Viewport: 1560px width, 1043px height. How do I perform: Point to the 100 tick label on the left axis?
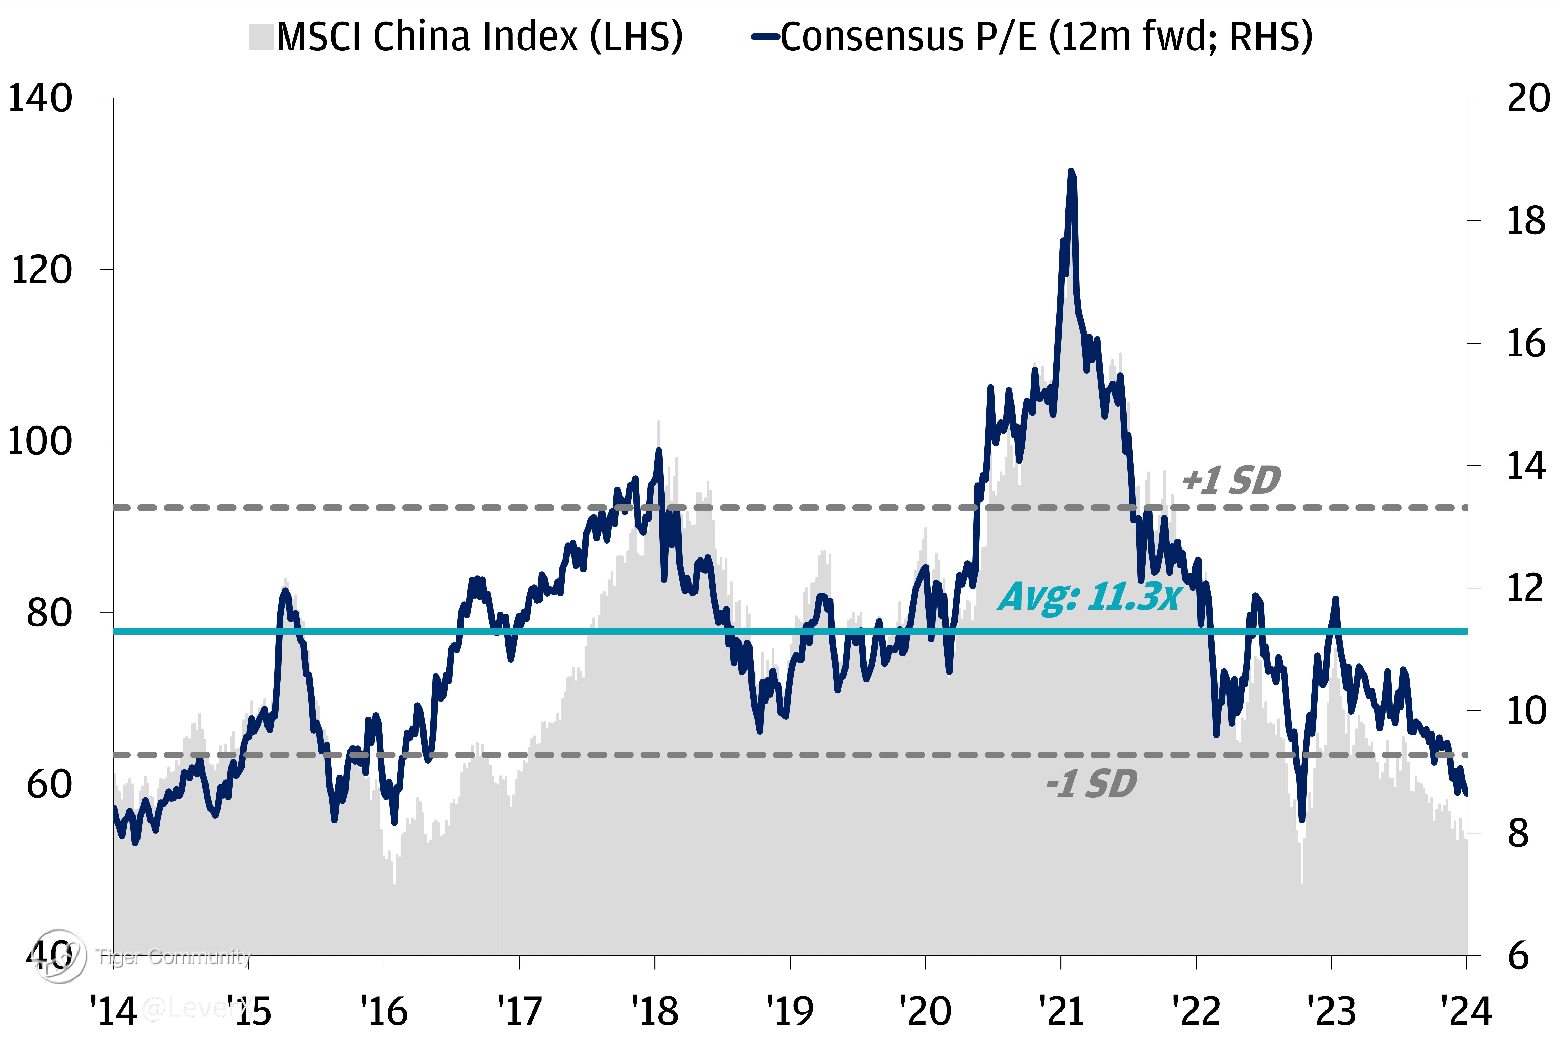tap(40, 442)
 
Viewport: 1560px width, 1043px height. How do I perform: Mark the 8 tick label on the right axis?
tap(1519, 834)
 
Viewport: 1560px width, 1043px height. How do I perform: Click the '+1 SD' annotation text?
tap(1231, 480)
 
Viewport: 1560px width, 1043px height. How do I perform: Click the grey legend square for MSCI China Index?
tap(262, 36)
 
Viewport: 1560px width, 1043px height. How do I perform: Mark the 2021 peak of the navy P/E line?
tap(1071, 172)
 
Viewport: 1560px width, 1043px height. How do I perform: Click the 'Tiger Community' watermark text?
tap(174, 957)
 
